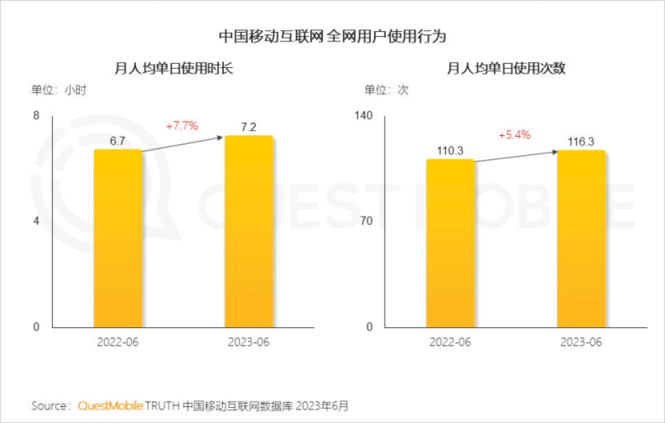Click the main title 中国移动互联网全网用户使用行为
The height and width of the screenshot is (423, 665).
(332, 37)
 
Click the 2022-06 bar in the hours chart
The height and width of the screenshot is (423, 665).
(117, 238)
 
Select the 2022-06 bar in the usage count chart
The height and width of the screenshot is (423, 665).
(450, 243)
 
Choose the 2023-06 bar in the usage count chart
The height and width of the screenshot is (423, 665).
(581, 239)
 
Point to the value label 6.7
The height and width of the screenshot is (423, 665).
(117, 141)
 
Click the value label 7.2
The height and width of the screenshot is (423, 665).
(248, 127)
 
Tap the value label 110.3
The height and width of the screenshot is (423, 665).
(450, 151)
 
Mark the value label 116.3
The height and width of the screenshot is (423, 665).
(581, 142)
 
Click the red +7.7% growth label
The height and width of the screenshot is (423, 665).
(182, 126)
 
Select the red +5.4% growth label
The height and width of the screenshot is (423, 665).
(515, 135)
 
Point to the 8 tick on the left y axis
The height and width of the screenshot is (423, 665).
(37, 116)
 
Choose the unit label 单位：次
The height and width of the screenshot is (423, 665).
(386, 90)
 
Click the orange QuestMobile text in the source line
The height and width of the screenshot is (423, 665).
(111, 406)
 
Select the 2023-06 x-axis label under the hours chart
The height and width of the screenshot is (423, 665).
(248, 342)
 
